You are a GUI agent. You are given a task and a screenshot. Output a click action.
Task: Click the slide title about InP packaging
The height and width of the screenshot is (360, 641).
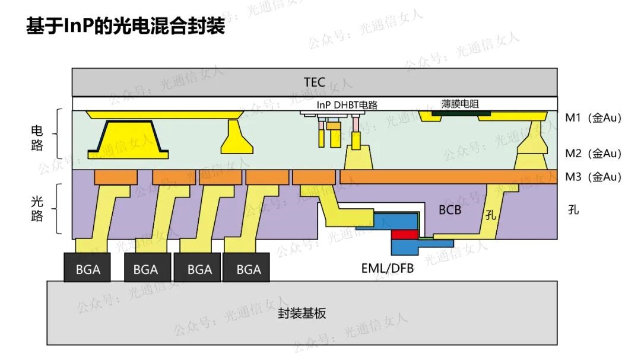(125, 26)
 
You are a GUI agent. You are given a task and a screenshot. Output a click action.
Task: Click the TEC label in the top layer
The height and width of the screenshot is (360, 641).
(314, 82)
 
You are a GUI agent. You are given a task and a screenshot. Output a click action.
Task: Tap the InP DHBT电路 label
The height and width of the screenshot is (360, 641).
(347, 105)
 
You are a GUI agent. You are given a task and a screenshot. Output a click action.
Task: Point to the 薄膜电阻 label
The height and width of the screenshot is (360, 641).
(460, 104)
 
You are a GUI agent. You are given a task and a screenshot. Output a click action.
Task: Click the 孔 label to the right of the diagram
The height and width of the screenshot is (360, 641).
(573, 210)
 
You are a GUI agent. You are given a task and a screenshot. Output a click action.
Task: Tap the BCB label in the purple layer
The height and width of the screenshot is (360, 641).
(450, 210)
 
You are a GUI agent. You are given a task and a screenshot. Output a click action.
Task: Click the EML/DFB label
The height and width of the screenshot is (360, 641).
(388, 268)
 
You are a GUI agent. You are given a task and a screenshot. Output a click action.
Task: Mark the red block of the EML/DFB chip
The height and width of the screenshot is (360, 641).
(404, 235)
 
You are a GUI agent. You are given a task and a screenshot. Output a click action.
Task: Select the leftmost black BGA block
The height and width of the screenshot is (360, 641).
(88, 269)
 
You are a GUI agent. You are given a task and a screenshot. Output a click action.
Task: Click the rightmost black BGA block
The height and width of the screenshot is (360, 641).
(248, 269)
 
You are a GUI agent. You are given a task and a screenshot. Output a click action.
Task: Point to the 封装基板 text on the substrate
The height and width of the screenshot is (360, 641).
(302, 314)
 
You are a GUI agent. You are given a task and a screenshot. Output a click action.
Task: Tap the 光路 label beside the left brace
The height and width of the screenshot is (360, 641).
(37, 209)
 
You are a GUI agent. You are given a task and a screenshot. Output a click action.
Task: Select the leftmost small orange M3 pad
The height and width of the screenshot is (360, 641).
(116, 177)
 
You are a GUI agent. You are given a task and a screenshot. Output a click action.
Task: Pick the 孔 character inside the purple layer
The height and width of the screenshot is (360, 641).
(490, 215)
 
